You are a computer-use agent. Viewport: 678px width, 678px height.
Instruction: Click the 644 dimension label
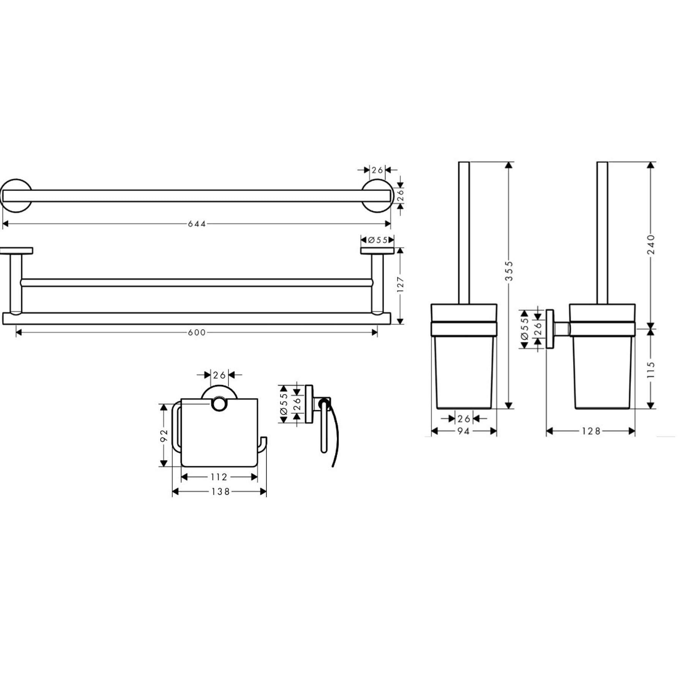click(x=197, y=224)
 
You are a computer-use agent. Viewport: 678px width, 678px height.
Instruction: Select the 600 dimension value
click(x=197, y=333)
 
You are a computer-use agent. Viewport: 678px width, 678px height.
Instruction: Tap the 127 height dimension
click(x=400, y=284)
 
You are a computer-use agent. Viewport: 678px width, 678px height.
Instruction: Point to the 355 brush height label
click(x=509, y=271)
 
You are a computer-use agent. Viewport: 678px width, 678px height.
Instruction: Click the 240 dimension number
click(x=651, y=244)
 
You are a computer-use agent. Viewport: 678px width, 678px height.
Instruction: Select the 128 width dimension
click(x=591, y=431)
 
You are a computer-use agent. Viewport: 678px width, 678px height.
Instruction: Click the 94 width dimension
click(x=464, y=431)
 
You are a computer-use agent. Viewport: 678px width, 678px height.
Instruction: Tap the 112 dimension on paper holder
click(x=219, y=477)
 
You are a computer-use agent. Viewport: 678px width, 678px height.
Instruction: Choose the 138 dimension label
click(x=221, y=492)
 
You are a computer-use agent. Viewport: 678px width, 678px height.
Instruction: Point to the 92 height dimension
click(x=164, y=435)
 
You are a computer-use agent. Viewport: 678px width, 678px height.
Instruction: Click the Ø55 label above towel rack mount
click(x=377, y=240)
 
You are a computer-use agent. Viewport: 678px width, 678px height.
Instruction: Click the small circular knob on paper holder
click(x=219, y=404)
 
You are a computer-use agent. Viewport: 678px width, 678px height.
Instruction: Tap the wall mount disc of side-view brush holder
click(x=550, y=329)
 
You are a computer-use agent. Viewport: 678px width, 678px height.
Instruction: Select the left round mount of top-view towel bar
click(x=16, y=196)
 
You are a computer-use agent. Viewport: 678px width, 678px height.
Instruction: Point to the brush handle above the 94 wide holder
click(x=464, y=233)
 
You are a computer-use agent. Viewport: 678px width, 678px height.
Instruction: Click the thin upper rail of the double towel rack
click(x=197, y=282)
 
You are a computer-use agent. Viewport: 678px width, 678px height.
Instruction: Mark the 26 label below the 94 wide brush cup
click(x=464, y=419)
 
